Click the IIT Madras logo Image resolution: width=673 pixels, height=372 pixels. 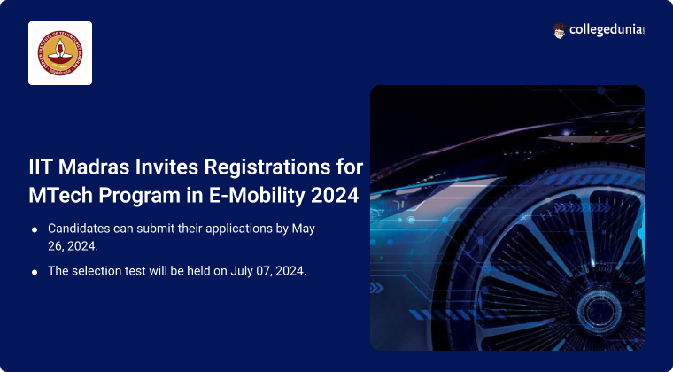coord(60,53)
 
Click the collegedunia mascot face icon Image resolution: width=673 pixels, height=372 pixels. coord(561,30)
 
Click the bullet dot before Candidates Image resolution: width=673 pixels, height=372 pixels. coord(35,229)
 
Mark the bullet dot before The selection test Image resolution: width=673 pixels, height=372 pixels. coord(35,272)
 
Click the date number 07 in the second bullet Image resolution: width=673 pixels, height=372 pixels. coord(258,271)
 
